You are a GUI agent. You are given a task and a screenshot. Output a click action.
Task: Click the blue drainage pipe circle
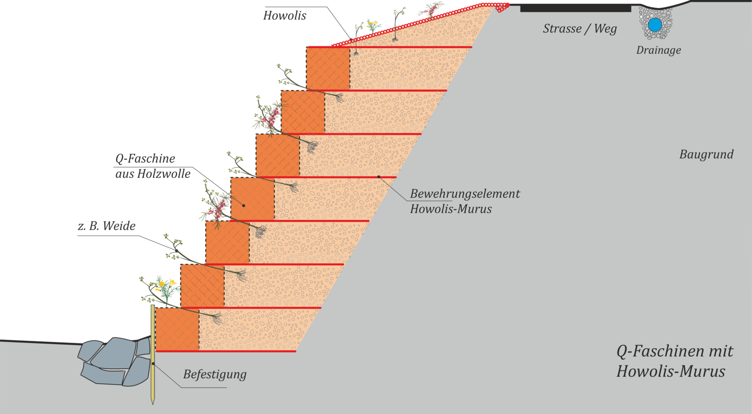click(x=655, y=24)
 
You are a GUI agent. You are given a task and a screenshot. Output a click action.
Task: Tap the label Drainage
click(x=658, y=50)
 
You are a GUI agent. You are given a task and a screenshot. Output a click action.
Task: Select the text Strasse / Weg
click(x=580, y=29)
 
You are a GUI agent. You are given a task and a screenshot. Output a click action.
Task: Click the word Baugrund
click(x=706, y=154)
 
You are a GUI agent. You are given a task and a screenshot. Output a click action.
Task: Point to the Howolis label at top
click(x=284, y=16)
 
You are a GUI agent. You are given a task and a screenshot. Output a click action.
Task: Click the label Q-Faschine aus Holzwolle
click(x=153, y=166)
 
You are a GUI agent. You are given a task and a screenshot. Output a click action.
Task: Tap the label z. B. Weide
click(x=107, y=226)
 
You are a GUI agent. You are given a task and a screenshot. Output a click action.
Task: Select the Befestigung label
click(x=215, y=375)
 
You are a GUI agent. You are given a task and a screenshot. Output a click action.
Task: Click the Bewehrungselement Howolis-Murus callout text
click(x=464, y=201)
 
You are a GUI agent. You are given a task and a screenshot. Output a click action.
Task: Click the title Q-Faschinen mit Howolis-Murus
click(x=674, y=361)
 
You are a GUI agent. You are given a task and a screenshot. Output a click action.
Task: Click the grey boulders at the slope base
click(x=115, y=360)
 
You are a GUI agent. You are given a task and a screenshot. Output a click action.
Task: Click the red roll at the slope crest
click(x=501, y=7)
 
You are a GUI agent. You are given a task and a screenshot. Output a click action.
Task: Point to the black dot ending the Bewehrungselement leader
click(x=379, y=177)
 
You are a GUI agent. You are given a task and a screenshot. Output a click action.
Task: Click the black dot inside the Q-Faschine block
click(x=243, y=206)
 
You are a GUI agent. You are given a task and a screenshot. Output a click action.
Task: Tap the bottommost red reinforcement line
click(x=226, y=351)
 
